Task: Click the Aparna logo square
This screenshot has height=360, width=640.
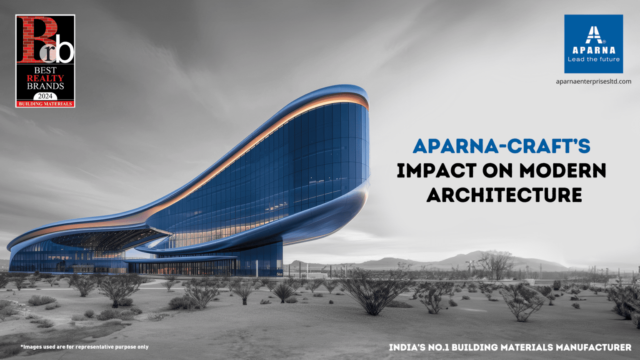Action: click(x=593, y=44)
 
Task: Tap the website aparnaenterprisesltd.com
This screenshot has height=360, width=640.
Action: click(x=593, y=81)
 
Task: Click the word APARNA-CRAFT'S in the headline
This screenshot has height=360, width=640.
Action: click(x=501, y=146)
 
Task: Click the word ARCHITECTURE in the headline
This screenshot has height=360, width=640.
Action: click(x=504, y=195)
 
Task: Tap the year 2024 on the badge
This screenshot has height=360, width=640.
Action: click(x=45, y=96)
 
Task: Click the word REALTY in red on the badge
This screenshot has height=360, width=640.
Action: click(x=45, y=78)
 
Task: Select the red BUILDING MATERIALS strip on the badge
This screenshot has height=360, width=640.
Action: click(x=45, y=104)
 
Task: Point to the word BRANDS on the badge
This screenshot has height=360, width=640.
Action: click(x=45, y=86)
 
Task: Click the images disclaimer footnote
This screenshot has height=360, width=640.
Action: click(x=84, y=347)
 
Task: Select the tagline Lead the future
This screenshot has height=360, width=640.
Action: click(x=593, y=59)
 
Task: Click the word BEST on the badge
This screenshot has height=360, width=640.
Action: click(x=45, y=70)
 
